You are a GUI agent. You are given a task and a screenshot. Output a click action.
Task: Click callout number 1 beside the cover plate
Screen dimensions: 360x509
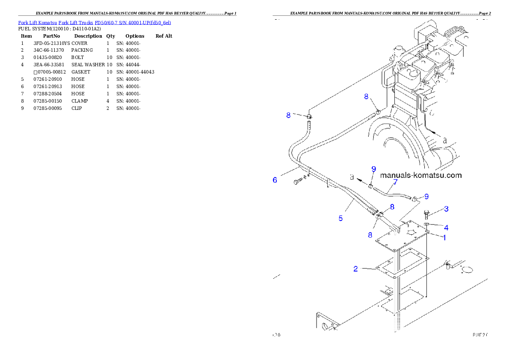(444, 237)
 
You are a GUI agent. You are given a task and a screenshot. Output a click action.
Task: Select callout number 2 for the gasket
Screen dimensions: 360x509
(355, 269)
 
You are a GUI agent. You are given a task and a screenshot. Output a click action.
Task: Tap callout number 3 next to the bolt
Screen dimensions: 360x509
(446, 209)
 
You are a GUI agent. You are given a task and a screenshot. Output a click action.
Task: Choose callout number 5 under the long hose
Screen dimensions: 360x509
(340, 218)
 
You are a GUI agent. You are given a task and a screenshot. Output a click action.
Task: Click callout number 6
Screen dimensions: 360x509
(275, 180)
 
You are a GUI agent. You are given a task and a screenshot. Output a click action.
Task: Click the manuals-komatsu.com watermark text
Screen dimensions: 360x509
(421, 175)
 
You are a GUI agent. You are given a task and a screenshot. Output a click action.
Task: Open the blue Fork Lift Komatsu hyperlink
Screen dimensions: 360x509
(95, 22)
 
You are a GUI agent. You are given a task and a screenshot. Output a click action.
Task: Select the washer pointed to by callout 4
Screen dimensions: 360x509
(427, 224)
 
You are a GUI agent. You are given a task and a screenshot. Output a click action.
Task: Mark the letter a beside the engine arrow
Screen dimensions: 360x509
(444, 140)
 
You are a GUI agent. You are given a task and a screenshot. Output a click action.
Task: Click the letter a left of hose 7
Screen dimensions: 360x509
(352, 176)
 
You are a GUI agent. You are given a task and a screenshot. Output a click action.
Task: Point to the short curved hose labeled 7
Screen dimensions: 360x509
(391, 192)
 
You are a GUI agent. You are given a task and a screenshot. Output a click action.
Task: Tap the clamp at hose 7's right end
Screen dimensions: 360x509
(414, 198)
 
